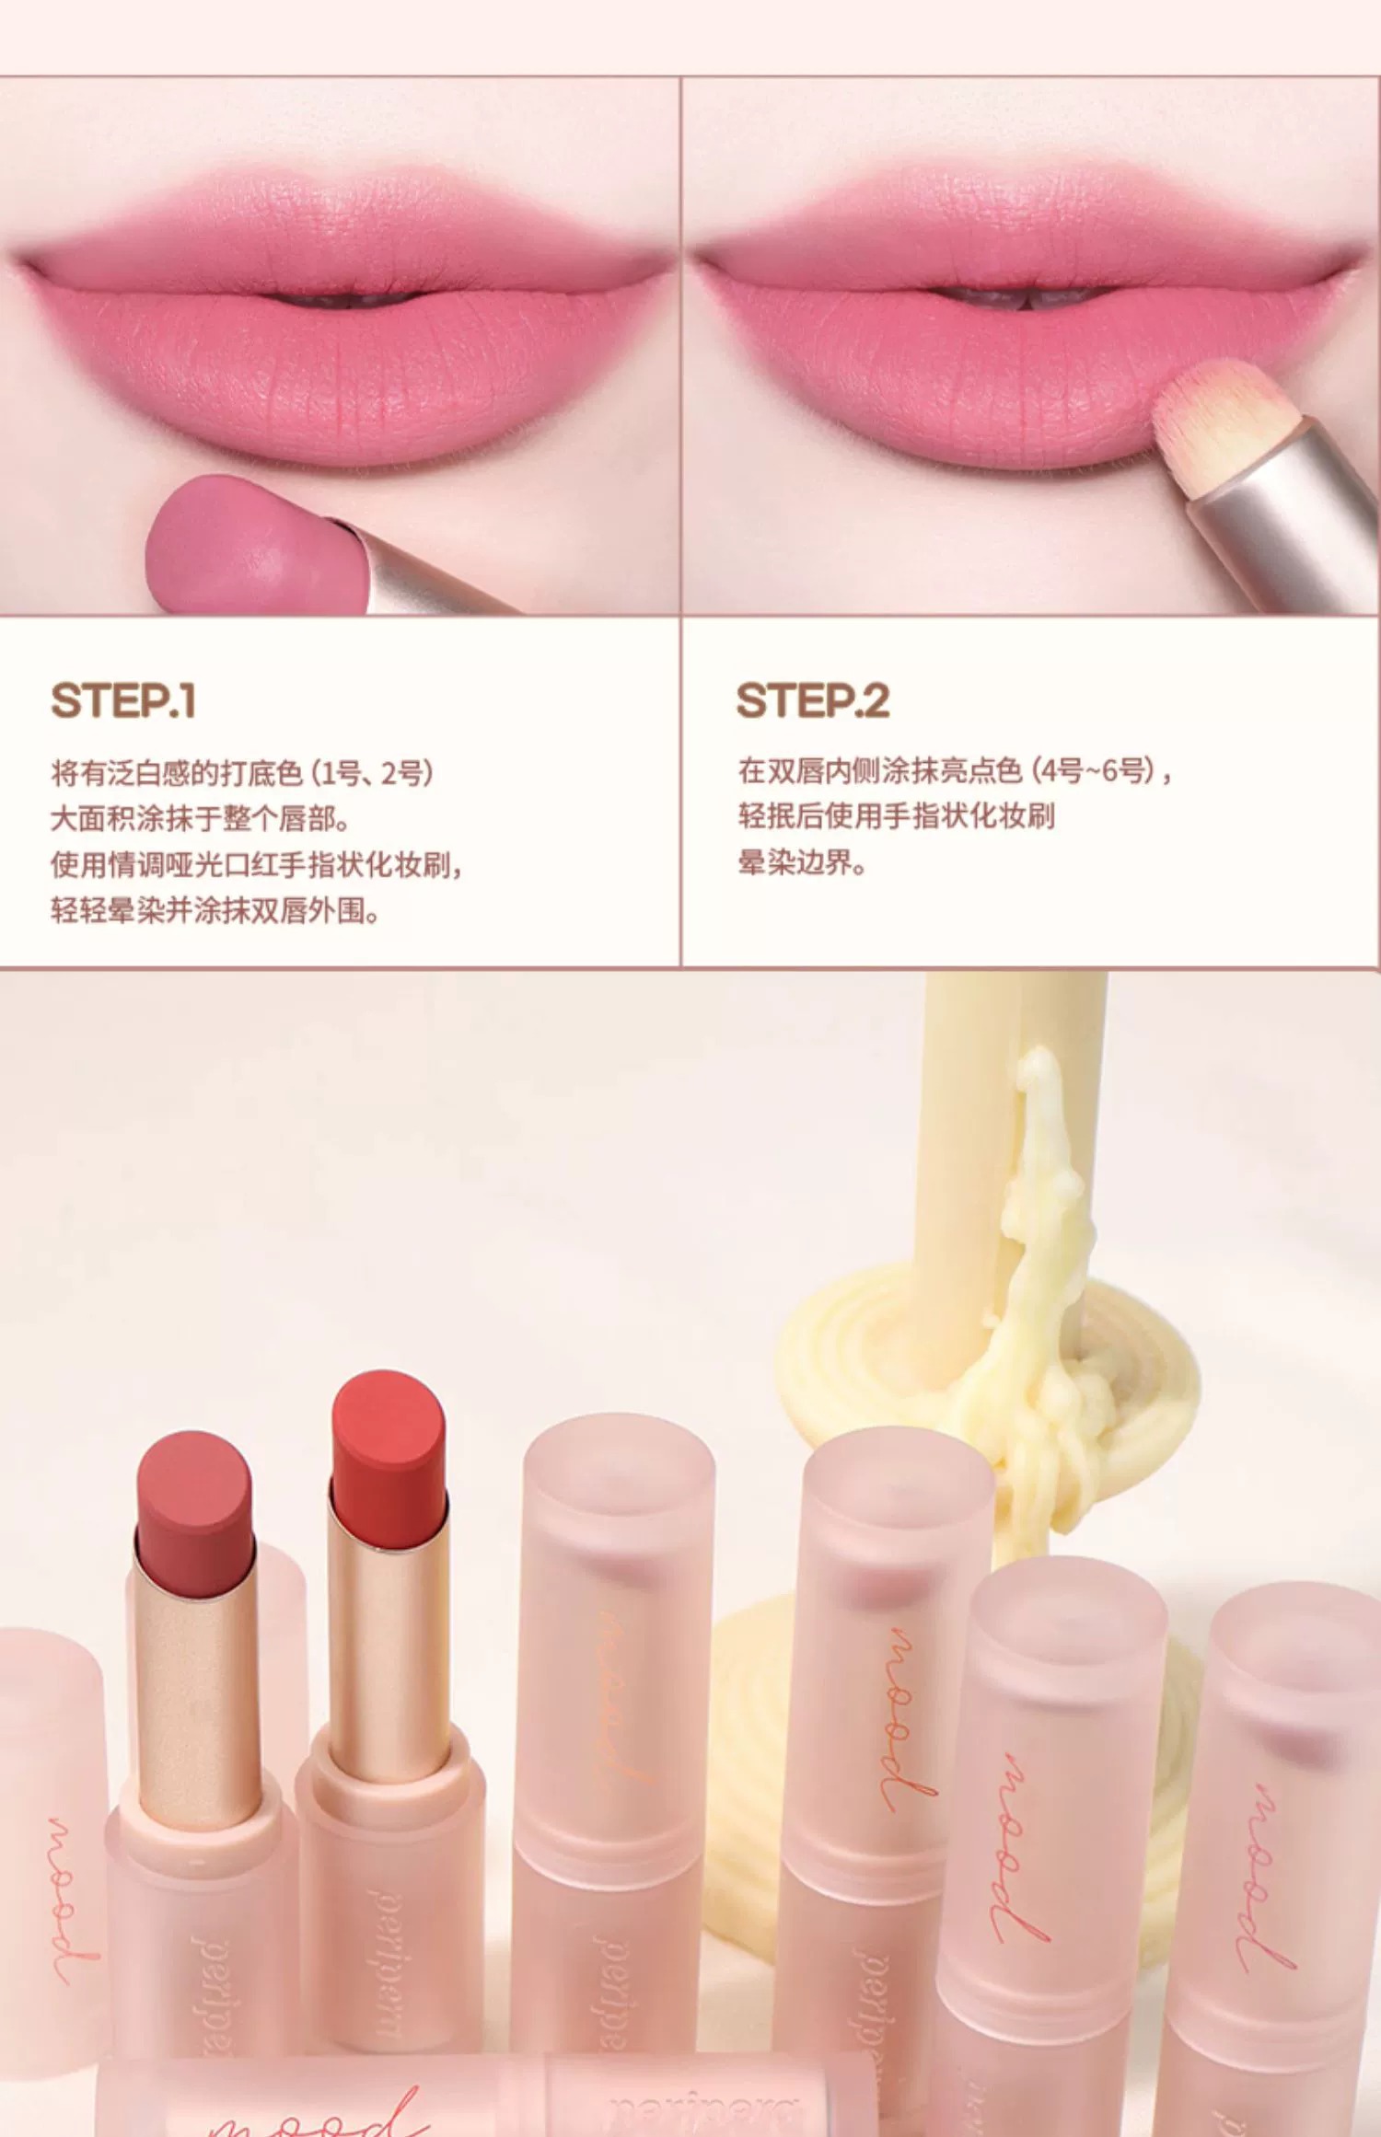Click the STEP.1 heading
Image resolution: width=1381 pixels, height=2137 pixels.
tap(123, 700)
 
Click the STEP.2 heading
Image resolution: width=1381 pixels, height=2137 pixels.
tap(813, 700)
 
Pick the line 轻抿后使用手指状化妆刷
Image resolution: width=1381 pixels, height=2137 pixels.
tap(896, 816)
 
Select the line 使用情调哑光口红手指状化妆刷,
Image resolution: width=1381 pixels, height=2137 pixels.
tap(257, 864)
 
